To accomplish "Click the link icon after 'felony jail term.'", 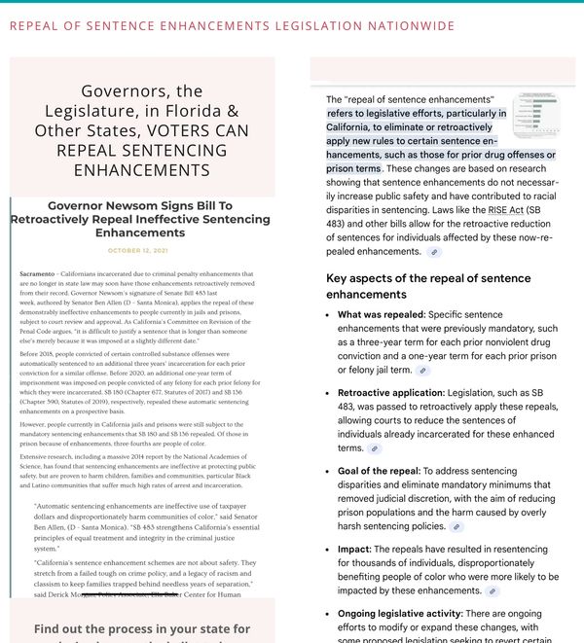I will click(x=422, y=371).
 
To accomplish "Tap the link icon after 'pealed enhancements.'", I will click(x=434, y=251).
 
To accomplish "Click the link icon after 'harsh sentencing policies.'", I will click(x=454, y=526).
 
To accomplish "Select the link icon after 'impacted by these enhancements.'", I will click(x=493, y=590).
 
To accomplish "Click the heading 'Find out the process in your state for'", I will click(x=141, y=628).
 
